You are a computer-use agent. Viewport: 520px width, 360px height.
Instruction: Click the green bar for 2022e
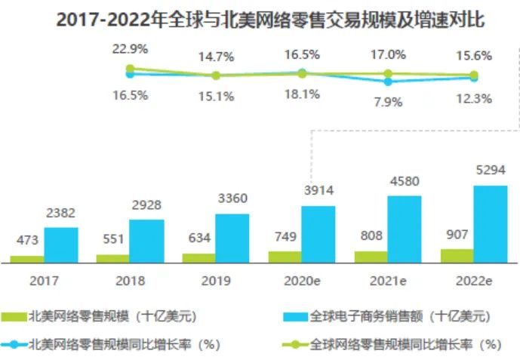(x=457, y=256)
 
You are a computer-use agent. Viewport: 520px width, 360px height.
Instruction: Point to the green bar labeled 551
(x=112, y=258)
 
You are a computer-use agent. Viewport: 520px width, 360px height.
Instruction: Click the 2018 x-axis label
(x=130, y=281)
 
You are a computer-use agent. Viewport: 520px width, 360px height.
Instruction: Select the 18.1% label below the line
(x=302, y=94)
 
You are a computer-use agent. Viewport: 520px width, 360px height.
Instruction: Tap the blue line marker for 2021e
(x=388, y=82)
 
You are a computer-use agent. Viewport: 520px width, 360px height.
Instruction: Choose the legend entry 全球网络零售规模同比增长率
(x=395, y=344)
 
